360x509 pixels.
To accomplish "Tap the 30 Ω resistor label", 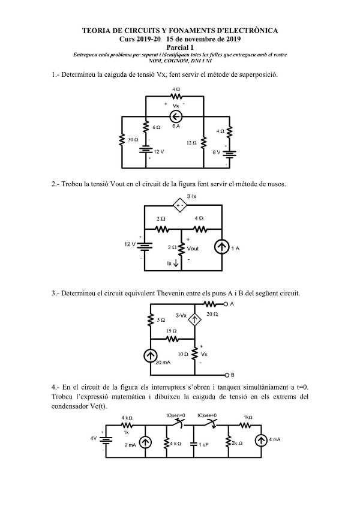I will [x=133, y=139].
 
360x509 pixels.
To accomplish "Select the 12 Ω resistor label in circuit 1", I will [x=191, y=143].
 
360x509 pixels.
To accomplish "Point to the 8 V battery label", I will [x=217, y=152].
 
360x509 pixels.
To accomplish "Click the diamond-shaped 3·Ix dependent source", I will [x=178, y=206].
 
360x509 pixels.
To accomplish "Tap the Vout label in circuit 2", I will [x=193, y=248].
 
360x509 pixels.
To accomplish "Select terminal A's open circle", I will [x=226, y=304].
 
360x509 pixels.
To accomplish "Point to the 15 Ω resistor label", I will [x=172, y=331].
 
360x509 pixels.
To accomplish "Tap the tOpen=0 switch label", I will [x=176, y=415].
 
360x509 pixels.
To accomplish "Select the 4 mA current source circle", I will [x=261, y=441].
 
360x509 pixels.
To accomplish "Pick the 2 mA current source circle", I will [x=145, y=442].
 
